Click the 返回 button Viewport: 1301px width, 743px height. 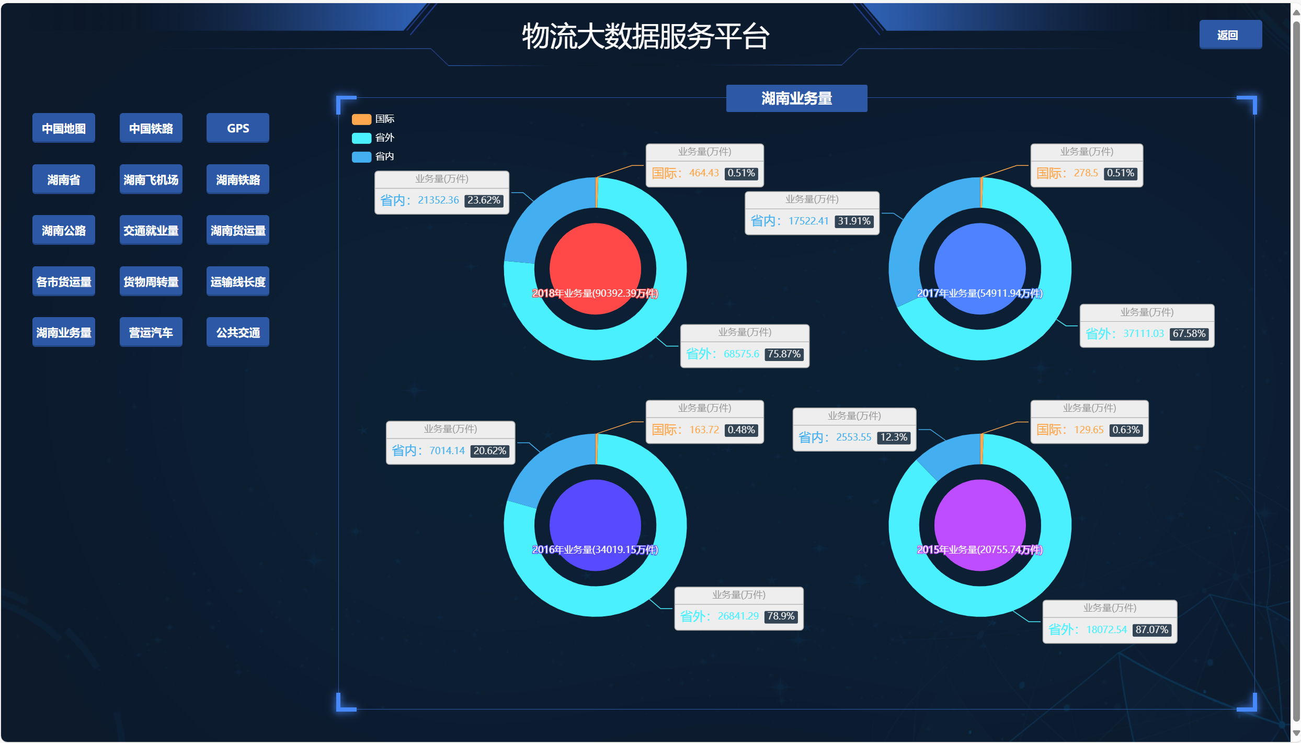[x=1230, y=35]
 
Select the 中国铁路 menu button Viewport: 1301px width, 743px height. [x=151, y=128]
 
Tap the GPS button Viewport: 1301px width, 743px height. [x=237, y=128]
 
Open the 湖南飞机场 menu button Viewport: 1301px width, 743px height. [x=151, y=179]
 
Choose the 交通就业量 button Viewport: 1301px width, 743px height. [x=151, y=230]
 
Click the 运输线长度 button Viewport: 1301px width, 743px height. [x=237, y=282]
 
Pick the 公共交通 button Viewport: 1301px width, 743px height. [x=237, y=332]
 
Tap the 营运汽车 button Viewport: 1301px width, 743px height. [x=151, y=332]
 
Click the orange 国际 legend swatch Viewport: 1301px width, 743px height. [x=361, y=119]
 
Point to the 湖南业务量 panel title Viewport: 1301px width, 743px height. [x=796, y=98]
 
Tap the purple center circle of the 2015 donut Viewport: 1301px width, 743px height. [x=979, y=518]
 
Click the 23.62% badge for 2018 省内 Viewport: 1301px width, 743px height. [x=484, y=200]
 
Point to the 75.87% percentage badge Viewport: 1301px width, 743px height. [x=784, y=354]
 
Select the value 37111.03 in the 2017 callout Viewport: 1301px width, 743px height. [x=1143, y=334]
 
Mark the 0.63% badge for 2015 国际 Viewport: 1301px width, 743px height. [x=1125, y=430]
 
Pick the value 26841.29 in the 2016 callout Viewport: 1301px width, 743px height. [x=738, y=616]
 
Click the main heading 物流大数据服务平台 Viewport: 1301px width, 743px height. [x=645, y=37]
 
